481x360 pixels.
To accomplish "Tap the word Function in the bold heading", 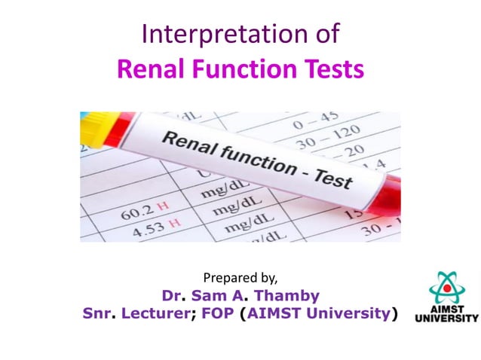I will pos(240,69).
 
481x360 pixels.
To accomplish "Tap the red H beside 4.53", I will pos(175,222).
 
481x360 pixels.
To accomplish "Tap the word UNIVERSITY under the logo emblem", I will pos(447,319).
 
